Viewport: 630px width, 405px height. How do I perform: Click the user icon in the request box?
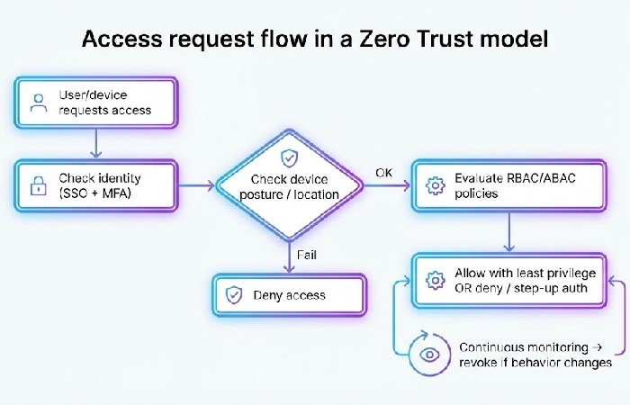click(x=39, y=102)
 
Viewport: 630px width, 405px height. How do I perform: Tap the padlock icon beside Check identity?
click(x=39, y=186)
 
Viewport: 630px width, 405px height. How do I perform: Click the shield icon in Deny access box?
click(x=234, y=294)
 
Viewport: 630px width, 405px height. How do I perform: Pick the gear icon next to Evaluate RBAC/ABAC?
click(x=436, y=186)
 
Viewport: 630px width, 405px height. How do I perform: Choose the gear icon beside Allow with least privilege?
click(x=436, y=280)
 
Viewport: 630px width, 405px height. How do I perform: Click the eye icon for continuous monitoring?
click(x=429, y=354)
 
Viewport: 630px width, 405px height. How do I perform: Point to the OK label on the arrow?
click(x=384, y=172)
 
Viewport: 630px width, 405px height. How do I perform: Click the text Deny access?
click(x=289, y=295)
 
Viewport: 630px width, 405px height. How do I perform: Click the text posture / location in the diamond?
click(x=289, y=194)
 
